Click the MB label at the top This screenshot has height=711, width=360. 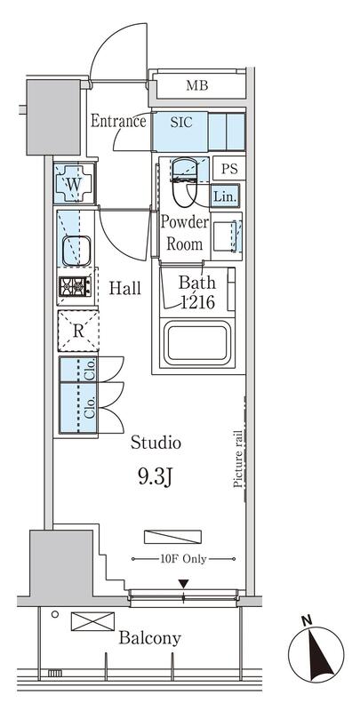196,85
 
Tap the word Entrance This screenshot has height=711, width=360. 118,121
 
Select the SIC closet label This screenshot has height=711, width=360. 181,122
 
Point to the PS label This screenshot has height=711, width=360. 229,169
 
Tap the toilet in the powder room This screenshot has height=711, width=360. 184,181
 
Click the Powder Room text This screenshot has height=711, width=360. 184,233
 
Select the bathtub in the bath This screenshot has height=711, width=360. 198,342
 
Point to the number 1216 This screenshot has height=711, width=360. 197,301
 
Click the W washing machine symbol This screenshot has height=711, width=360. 74,183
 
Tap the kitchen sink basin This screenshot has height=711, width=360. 76,251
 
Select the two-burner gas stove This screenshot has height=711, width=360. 76,286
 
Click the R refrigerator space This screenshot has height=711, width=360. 78,331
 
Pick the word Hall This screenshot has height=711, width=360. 124,288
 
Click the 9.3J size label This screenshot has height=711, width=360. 154,477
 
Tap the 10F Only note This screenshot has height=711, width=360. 183,559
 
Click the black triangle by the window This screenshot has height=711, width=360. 183,584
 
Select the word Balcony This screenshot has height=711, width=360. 149,639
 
